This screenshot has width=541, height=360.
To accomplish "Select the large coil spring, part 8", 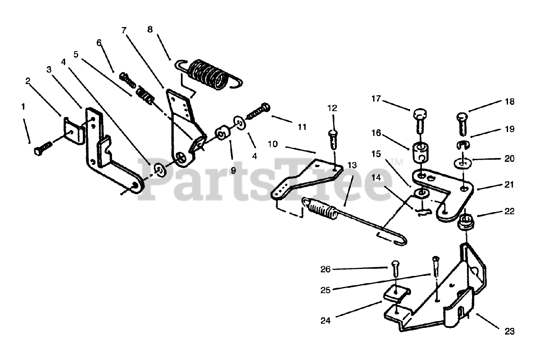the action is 208,74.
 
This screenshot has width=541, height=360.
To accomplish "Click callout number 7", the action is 123,30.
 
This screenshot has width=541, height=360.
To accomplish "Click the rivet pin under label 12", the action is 332,139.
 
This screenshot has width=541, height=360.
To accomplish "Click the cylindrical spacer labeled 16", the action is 419,153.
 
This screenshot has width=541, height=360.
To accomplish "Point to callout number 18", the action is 509,102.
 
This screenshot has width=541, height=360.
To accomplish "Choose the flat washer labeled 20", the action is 463,163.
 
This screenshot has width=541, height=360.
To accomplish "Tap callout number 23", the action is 509,331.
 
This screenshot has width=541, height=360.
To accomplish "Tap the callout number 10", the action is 273,144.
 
